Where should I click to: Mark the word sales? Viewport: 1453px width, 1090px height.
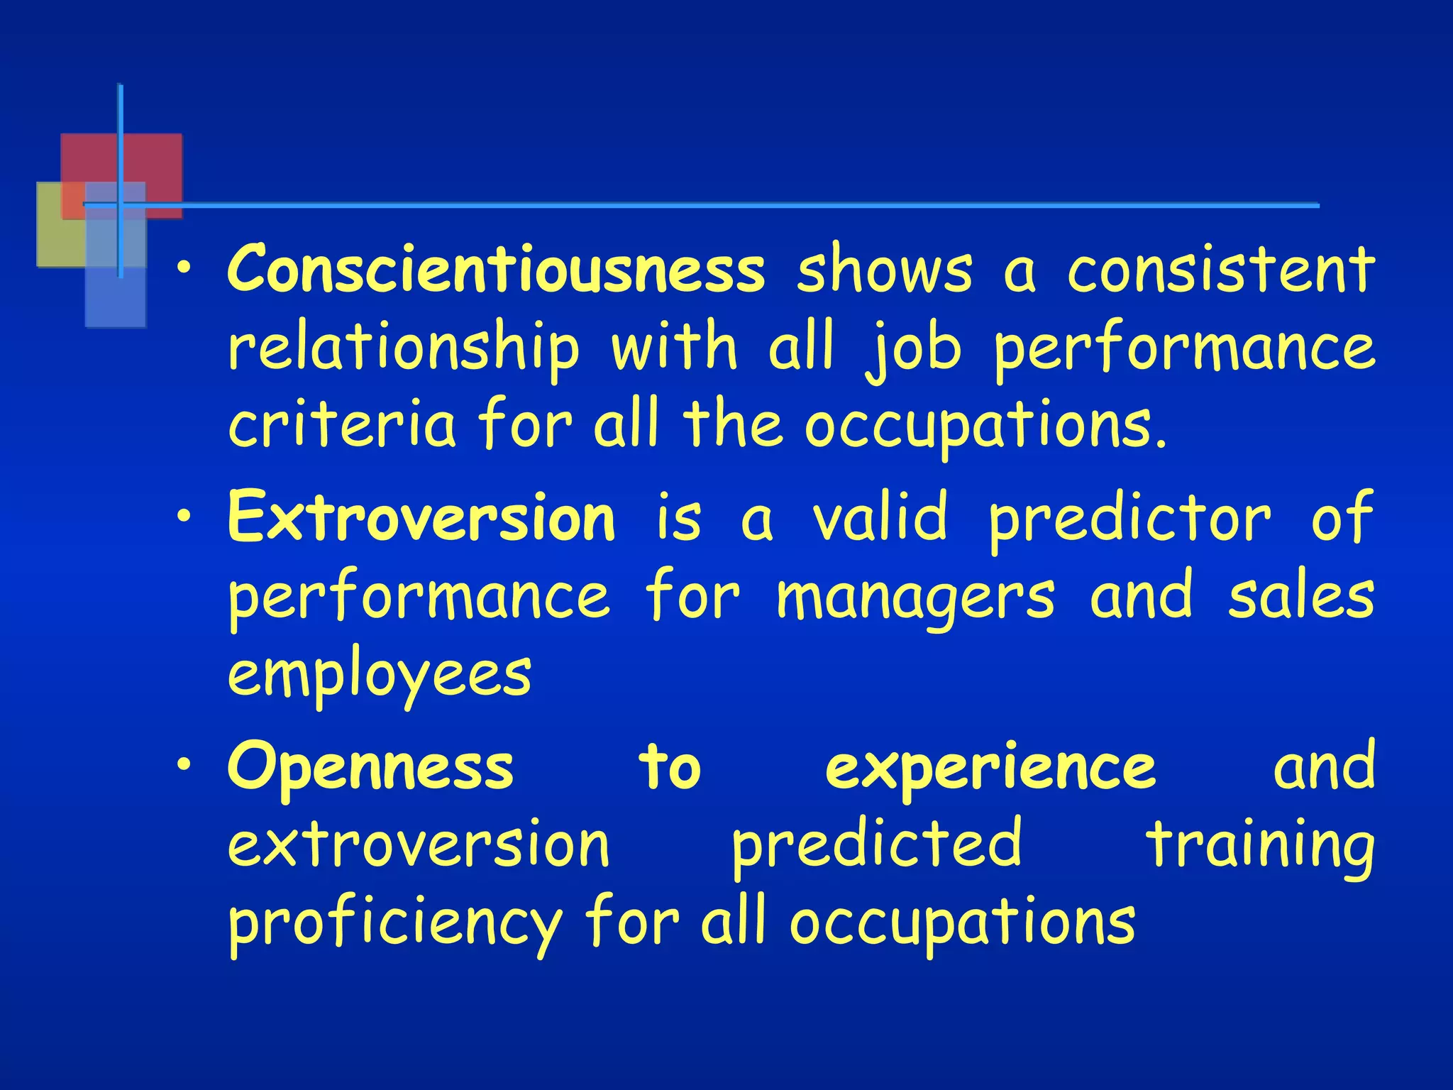1301,597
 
